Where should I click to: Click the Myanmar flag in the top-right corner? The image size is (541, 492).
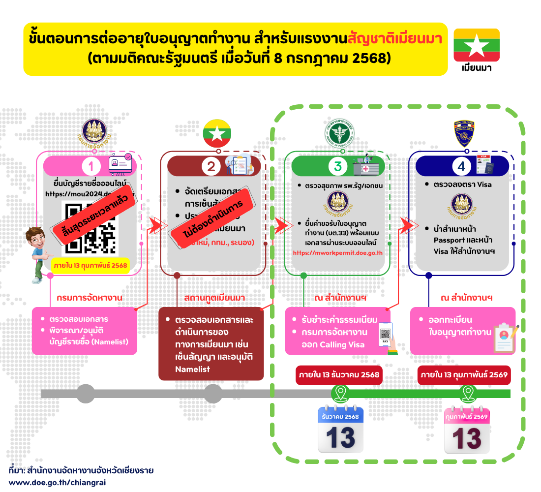tap(476, 45)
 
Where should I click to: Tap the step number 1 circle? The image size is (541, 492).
tap(91, 167)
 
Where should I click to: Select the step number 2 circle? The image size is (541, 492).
tap(211, 167)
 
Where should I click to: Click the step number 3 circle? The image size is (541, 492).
tap(338, 166)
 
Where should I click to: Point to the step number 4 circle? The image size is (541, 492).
tap(461, 166)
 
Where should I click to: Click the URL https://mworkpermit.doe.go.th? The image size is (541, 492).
tap(337, 253)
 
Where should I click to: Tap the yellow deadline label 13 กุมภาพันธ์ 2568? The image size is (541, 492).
tap(90, 266)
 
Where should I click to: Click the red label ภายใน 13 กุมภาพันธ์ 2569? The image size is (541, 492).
tap(464, 375)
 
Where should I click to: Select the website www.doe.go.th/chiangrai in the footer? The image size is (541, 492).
tap(58, 482)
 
